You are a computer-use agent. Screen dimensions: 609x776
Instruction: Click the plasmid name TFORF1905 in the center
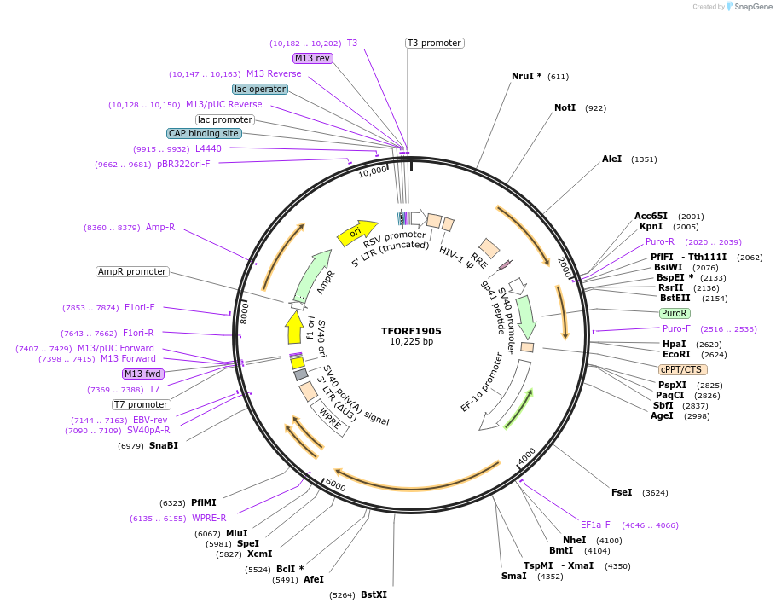point(411,331)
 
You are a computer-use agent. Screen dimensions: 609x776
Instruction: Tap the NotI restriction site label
point(565,108)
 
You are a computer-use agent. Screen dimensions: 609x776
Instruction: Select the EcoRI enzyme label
point(676,355)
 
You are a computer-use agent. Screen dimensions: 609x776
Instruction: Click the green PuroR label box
point(675,313)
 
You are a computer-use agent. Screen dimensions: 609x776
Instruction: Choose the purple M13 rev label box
point(312,58)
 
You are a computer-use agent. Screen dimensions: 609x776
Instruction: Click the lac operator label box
point(260,89)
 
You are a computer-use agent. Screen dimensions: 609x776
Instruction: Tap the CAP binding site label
point(204,133)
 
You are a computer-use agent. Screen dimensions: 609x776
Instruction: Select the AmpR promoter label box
point(132,271)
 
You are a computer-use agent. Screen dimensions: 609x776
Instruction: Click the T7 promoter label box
point(142,404)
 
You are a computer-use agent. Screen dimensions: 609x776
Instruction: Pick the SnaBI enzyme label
point(164,445)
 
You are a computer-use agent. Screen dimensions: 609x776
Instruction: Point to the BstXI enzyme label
point(374,594)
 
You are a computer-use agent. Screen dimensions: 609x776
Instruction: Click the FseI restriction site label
point(622,492)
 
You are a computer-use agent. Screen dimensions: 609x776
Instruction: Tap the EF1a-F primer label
point(595,525)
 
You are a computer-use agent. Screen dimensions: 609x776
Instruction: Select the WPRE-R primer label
point(209,518)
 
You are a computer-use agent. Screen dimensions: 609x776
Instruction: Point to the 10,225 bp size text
point(411,342)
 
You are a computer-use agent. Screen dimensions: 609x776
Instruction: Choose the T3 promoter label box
point(434,43)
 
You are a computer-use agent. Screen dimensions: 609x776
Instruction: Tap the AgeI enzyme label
point(662,415)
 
